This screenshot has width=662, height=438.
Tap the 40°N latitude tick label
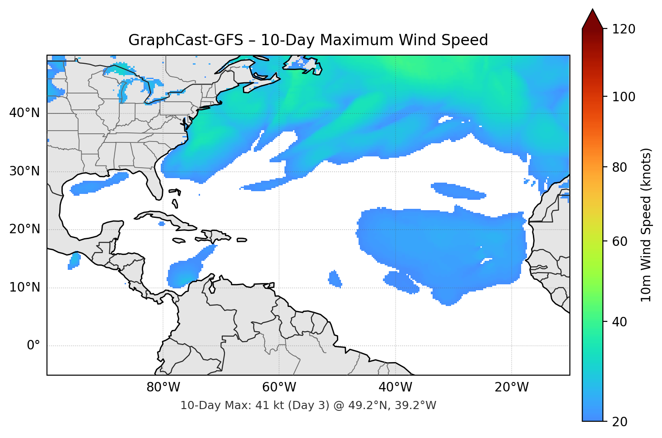click(25, 113)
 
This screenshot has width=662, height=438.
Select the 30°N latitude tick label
click(25, 171)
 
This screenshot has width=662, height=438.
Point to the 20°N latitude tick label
click(25, 229)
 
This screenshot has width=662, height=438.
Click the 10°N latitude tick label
click(25, 287)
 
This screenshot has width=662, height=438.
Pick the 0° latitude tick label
click(33, 346)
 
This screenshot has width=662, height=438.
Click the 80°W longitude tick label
click(163, 387)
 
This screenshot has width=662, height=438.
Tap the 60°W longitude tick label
click(279, 387)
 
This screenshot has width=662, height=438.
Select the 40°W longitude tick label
click(395, 387)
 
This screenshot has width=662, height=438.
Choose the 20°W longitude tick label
click(511, 387)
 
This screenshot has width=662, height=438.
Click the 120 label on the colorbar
click(624, 29)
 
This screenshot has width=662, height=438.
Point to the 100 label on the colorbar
click(624, 97)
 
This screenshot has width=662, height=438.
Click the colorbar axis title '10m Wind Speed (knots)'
click(646, 225)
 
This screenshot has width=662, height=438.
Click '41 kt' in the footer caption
click(268, 405)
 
